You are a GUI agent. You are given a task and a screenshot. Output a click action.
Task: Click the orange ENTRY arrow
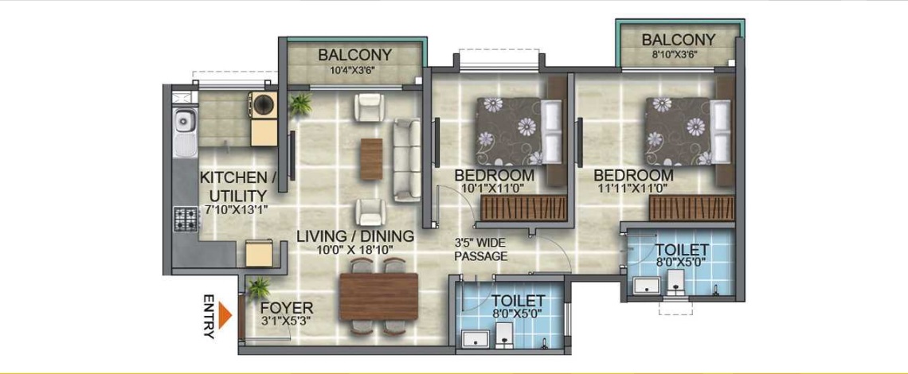click(x=225, y=316)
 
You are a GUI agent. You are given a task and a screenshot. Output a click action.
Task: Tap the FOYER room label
click(x=287, y=308)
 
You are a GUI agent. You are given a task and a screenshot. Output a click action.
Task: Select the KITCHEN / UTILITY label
click(x=233, y=186)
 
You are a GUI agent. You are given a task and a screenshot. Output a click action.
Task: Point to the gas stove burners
click(x=186, y=220)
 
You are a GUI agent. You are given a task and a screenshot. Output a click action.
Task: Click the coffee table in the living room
click(x=371, y=158)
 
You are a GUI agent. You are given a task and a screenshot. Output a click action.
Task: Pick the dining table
click(x=379, y=296)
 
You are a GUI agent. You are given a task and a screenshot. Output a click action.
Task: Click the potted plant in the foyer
click(x=258, y=288)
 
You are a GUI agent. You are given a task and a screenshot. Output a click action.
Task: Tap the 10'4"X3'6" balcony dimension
click(x=354, y=72)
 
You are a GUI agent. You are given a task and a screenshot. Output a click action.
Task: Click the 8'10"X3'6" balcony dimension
click(x=678, y=55)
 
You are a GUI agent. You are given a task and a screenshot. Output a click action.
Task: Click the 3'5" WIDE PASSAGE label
click(x=481, y=250)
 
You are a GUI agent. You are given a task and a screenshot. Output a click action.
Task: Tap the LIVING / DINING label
click(x=355, y=236)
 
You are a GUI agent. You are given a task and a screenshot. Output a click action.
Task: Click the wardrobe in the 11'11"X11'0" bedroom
click(x=691, y=208)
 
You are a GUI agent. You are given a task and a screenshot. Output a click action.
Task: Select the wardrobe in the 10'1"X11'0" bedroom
click(x=524, y=208)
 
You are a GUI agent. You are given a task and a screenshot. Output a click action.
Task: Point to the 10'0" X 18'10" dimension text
click(x=355, y=250)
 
